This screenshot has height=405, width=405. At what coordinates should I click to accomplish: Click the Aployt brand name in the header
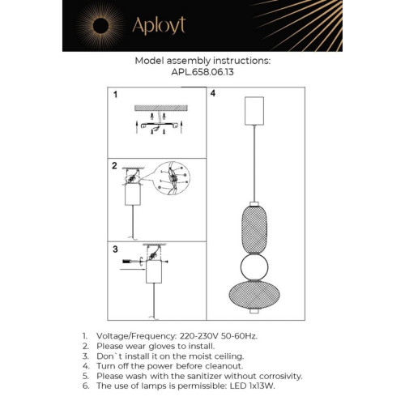160,25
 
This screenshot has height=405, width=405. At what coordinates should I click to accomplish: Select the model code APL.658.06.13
202,70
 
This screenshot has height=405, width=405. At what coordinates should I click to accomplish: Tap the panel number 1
116,95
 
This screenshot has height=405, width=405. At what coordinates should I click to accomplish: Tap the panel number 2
116,165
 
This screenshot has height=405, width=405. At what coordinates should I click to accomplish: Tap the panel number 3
116,249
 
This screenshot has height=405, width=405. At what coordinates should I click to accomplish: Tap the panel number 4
212,95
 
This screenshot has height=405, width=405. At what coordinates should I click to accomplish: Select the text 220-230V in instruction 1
199,335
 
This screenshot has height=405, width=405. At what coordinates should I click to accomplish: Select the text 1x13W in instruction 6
258,386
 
